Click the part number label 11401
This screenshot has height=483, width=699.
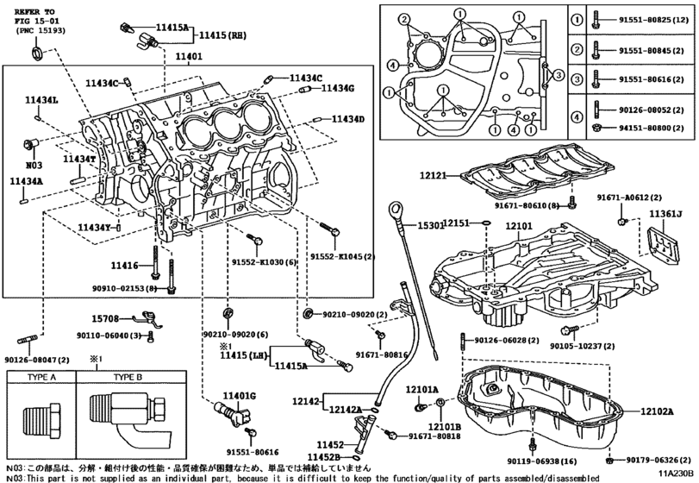[189, 57]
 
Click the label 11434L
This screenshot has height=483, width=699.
[41, 101]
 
